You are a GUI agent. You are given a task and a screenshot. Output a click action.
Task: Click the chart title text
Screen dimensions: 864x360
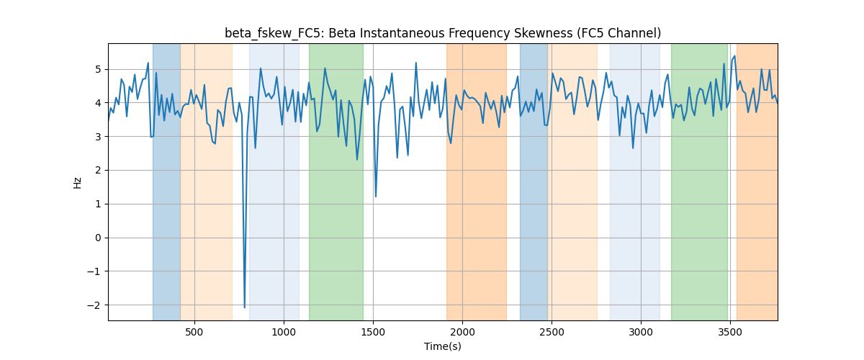(443, 34)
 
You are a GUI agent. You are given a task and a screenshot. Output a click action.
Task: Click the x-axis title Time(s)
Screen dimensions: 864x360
(443, 346)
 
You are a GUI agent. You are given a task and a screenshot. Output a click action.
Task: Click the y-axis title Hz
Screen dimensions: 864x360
(78, 182)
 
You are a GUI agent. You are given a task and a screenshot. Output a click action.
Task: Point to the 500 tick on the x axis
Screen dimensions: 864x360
(194, 332)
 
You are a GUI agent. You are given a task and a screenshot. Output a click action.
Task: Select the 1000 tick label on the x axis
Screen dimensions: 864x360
(284, 332)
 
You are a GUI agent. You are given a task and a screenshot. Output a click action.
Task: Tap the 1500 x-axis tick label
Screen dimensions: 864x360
(373, 332)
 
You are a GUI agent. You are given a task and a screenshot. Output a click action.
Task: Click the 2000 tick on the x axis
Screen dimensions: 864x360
(462, 332)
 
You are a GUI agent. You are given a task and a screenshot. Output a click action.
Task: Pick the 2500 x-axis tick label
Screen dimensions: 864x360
(552, 332)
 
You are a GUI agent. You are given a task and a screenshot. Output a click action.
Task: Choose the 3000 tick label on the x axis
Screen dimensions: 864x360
(641, 332)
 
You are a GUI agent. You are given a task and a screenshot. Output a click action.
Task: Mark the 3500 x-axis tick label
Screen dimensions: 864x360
(730, 332)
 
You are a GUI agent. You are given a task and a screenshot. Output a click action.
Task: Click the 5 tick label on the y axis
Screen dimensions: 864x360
(99, 69)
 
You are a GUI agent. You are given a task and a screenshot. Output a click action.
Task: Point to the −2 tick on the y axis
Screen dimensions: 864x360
(94, 305)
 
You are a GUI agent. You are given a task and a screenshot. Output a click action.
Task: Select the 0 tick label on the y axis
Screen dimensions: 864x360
(99, 238)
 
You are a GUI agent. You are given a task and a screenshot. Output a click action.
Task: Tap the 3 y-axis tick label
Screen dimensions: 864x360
(99, 137)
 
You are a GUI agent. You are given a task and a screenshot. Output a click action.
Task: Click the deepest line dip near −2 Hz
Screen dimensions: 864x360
(245, 307)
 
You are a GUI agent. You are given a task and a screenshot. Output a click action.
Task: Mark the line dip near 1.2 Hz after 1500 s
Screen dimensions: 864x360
(376, 197)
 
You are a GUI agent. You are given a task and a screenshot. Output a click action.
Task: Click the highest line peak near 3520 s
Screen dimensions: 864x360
(734, 56)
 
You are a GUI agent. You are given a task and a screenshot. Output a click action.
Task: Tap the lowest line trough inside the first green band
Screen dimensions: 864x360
(357, 159)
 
